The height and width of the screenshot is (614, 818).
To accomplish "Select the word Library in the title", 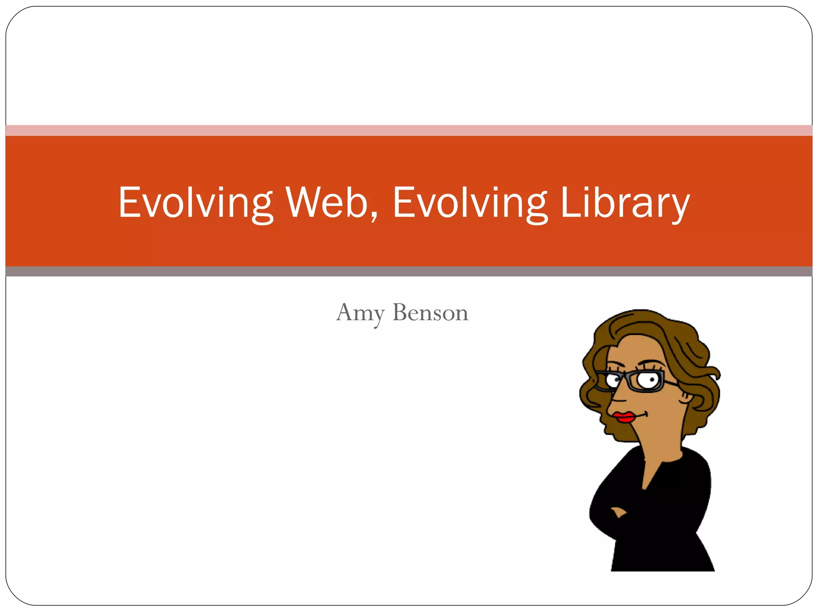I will click(625, 203).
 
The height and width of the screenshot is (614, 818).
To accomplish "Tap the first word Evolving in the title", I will click(195, 203).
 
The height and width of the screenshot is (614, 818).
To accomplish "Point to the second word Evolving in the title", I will click(470, 203).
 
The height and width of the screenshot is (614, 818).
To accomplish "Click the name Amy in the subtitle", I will click(360, 313).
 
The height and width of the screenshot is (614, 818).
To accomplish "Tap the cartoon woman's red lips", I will click(624, 417).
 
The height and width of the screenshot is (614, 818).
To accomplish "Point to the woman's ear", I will click(685, 396).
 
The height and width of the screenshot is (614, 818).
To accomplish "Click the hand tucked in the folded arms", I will click(618, 512).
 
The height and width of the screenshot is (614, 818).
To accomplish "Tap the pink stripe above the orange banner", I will click(409, 130).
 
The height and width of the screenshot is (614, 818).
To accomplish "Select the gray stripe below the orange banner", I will click(409, 271).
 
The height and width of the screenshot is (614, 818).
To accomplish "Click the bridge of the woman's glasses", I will click(624, 377).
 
